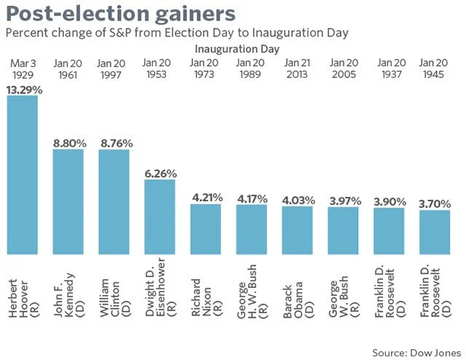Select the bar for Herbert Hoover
(22, 175)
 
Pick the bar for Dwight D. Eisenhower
(159, 217)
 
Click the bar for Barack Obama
(297, 230)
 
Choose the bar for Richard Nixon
(205, 230)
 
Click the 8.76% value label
(114, 143)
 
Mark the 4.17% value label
(251, 198)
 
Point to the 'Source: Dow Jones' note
(416, 352)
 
